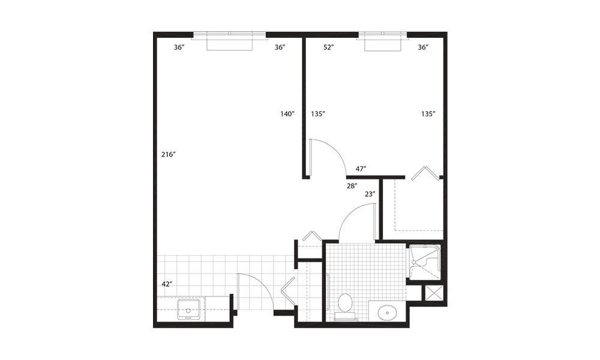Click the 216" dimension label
(x=169, y=155)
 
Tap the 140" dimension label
(x=287, y=113)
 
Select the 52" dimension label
(x=329, y=47)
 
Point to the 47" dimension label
(x=361, y=169)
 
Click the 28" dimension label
(x=352, y=186)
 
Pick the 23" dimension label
(x=370, y=194)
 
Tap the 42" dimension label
(x=167, y=284)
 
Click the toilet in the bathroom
(x=345, y=307)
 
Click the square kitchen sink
(x=188, y=310)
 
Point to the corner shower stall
(x=425, y=262)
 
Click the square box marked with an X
(x=434, y=293)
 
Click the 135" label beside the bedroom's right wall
(x=428, y=113)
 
